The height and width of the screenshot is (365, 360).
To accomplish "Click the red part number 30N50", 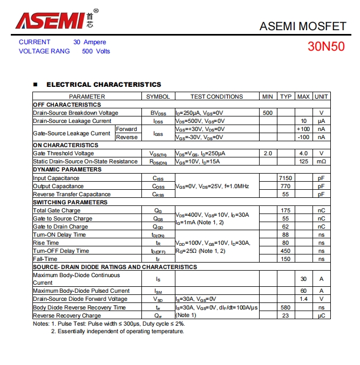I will click(325, 46).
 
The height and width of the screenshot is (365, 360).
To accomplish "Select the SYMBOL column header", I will click(158, 97).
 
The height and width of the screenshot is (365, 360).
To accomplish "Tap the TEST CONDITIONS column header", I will click(216, 97).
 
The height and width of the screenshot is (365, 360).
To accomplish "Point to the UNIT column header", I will click(321, 97).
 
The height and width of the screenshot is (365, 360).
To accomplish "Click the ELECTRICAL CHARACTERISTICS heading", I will click(104, 85).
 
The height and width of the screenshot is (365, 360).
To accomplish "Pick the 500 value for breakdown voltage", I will click(268, 113).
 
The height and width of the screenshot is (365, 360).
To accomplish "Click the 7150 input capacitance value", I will click(286, 178).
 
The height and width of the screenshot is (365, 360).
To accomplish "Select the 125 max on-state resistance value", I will click(303, 161).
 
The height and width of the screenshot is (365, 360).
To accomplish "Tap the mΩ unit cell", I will click(321, 161).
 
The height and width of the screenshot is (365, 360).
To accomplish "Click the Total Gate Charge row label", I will click(57, 210).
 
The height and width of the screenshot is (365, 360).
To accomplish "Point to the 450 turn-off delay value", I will click(286, 251).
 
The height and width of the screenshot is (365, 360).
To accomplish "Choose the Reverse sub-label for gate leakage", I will click(127, 137).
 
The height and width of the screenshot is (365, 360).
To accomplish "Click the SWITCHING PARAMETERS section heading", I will click(70, 202).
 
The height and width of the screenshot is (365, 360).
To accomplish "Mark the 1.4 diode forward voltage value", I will click(303, 299).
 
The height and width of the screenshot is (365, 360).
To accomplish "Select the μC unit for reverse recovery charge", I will click(321, 315).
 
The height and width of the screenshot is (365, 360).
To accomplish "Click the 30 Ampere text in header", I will click(90, 42).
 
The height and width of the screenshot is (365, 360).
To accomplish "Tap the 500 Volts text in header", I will click(96, 51).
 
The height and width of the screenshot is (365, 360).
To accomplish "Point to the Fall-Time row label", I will click(46, 259).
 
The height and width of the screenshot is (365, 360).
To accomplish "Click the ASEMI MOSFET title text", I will click(303, 26).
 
